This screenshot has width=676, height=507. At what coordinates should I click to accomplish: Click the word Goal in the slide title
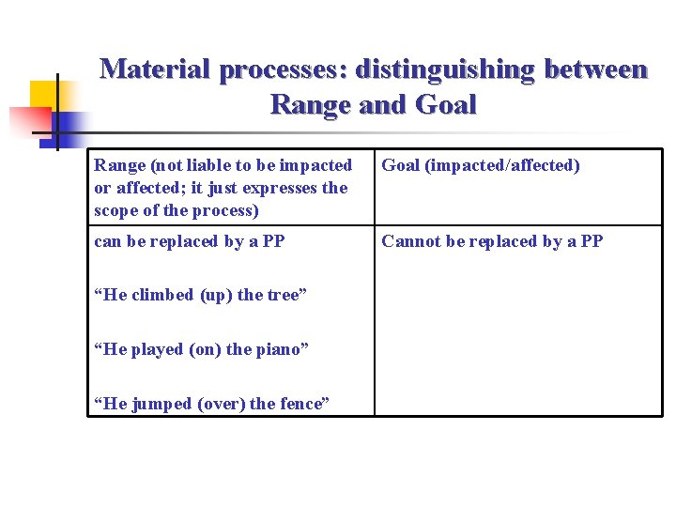[x=445, y=104]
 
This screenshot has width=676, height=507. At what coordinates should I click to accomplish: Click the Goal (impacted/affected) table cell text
[x=480, y=165]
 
